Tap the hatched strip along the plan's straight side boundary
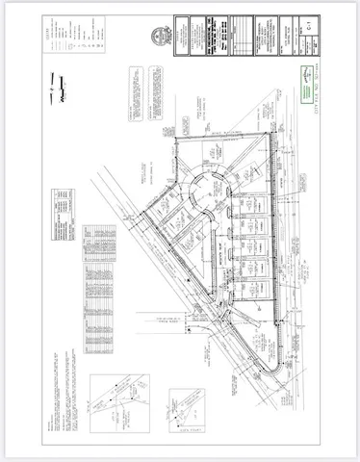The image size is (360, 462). tap(277, 250)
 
